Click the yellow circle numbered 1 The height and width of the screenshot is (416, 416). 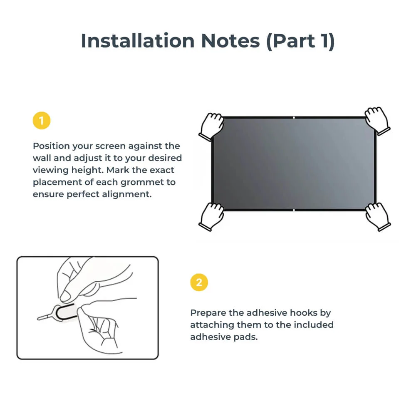coord(41,121)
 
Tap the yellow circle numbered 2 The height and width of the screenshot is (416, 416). coord(199,283)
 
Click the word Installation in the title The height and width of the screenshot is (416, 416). coord(137,41)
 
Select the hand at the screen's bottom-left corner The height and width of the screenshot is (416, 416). coord(211,216)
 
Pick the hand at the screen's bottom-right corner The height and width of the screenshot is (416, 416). coord(377,216)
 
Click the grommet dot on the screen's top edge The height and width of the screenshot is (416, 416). coord(294,118)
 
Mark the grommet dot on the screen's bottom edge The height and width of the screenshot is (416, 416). coord(294,210)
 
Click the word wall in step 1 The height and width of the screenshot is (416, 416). coord(42,158)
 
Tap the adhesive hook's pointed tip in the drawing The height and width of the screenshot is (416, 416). coord(38,319)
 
